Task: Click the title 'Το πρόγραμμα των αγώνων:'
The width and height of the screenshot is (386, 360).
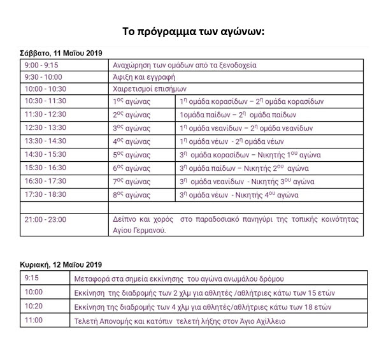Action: (x=192, y=31)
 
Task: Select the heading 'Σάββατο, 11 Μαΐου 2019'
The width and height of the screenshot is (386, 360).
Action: (x=61, y=54)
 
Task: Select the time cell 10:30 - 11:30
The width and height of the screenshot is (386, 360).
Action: (x=45, y=101)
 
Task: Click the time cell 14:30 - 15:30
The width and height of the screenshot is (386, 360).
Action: (x=45, y=155)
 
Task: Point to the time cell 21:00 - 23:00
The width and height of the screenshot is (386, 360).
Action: (x=45, y=220)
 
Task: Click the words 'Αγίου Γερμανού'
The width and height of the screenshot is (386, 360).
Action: (x=139, y=231)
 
